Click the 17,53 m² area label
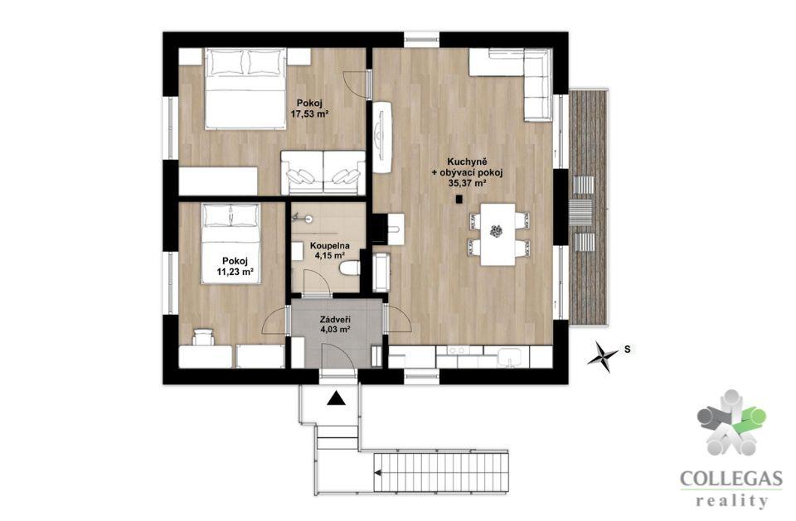click(308, 114)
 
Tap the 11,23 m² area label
click(235, 273)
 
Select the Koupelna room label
click(330, 246)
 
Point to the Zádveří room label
click(336, 320)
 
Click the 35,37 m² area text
click(467, 184)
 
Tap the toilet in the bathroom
click(349, 268)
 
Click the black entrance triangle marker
click(336, 398)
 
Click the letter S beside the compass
click(628, 349)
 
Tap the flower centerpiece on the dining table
click(496, 231)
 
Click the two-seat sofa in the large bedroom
click(323, 173)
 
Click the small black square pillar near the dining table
click(459, 200)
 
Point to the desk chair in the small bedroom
click(203, 337)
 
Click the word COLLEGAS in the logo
click(731, 479)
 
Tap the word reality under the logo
click(731, 501)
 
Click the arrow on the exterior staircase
click(378, 473)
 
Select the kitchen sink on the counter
click(508, 357)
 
